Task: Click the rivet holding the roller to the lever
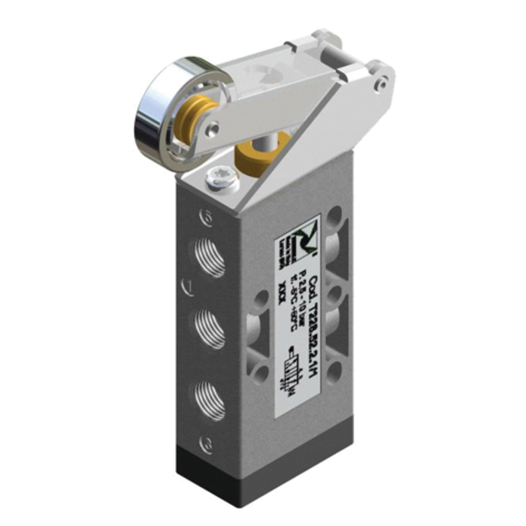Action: pos(213,129)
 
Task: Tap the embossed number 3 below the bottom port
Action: pos(204,442)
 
